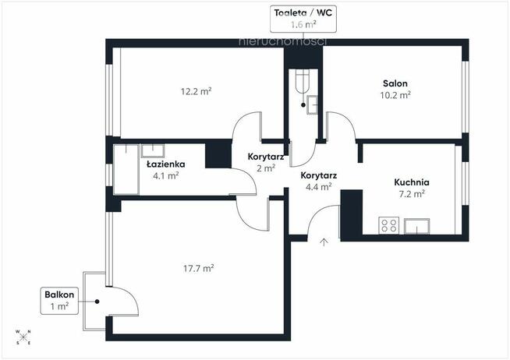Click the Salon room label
395,83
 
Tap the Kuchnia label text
412,182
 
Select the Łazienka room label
165,164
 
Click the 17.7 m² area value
198,268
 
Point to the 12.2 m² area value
197,90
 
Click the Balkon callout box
60,300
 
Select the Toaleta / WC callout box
302,18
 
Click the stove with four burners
388,226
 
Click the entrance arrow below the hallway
324,241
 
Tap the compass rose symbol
23,336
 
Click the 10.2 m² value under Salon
395,94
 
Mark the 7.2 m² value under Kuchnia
412,193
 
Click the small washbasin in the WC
311,104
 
